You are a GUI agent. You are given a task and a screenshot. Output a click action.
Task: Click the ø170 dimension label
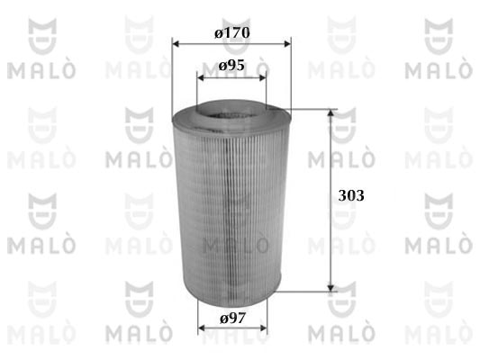coord(232,32)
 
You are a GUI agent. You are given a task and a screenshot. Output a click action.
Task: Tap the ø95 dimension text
coord(231,65)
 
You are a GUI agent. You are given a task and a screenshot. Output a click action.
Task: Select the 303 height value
coord(351,196)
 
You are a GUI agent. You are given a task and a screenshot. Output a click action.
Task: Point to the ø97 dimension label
coord(232,319)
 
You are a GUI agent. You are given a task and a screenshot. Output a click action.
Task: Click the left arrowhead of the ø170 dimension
coord(176,44)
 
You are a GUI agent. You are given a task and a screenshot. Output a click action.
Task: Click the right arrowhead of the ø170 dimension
coord(287,44)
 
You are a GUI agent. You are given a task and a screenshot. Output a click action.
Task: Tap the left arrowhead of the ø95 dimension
coord(201,77)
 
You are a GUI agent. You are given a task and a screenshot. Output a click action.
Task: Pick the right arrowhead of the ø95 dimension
coord(263,77)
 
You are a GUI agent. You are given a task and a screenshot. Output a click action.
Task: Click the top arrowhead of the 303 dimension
coord(331,112)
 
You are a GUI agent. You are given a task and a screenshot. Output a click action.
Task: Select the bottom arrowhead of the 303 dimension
coord(331,288)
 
